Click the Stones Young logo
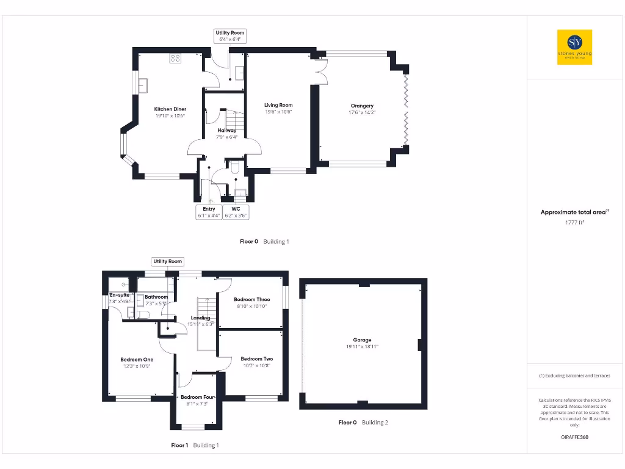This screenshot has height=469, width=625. click(574, 47)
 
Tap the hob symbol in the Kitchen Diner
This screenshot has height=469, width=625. click(175, 59)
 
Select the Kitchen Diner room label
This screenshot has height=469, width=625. click(170, 109)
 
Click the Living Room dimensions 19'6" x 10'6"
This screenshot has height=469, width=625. click(278, 112)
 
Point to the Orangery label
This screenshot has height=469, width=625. click(362, 106)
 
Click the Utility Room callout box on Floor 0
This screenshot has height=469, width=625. click(230, 36)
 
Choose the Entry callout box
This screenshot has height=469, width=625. click(209, 212)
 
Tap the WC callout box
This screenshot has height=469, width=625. click(236, 212)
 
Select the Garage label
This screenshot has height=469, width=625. click(362, 340)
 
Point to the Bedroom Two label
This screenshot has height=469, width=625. click(256, 359)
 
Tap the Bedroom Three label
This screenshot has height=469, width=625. click(252, 299)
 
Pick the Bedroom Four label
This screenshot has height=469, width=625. click(198, 397)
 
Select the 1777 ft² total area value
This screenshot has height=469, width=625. click(574, 223)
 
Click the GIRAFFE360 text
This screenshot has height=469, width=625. click(574, 437)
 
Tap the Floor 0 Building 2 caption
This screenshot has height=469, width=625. click(363, 423)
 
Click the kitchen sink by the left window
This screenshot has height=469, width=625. click(144, 85)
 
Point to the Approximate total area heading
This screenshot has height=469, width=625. click(574, 213)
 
